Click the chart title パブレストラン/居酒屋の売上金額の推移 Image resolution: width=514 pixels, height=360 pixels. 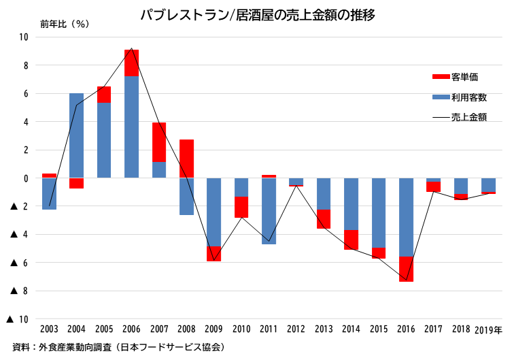(257, 14)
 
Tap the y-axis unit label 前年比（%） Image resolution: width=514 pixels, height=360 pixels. (65, 24)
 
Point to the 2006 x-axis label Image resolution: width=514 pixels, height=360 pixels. (132, 329)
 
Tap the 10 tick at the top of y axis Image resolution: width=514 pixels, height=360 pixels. (23, 37)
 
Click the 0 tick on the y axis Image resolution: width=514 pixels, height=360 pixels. (25, 178)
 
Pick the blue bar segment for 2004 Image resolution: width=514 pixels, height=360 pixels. (77, 135)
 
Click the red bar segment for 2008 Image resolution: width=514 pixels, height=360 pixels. (186, 159)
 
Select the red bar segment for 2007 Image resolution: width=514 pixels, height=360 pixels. (159, 142)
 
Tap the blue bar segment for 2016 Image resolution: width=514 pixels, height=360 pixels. (406, 217)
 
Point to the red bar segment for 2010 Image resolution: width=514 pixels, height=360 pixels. (241, 207)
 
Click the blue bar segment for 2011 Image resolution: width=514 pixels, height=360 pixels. (269, 211)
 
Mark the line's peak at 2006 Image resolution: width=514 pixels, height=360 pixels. (132, 49)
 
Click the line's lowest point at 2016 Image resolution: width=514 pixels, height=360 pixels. (406, 280)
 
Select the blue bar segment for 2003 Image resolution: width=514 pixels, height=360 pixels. (50, 193)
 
